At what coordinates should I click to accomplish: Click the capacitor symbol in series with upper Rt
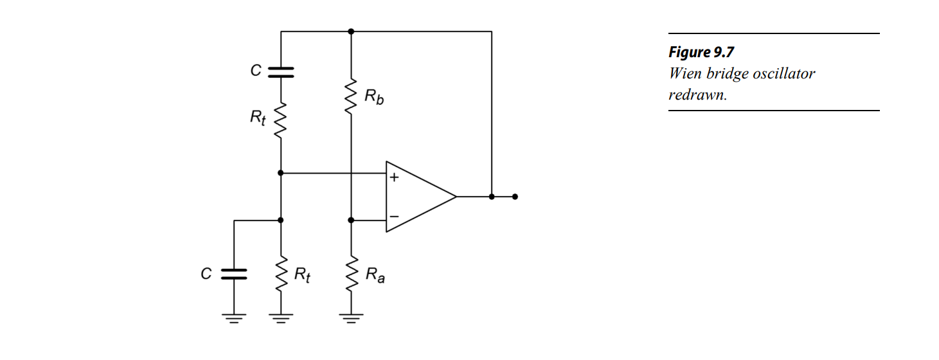click(x=281, y=72)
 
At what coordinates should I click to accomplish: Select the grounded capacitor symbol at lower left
click(x=234, y=274)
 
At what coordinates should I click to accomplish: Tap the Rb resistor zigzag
click(x=351, y=96)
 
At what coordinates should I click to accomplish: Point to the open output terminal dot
click(x=515, y=197)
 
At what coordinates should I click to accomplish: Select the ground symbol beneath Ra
click(x=351, y=317)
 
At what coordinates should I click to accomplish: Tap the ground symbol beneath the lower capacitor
click(x=234, y=318)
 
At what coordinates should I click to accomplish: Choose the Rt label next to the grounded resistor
click(x=303, y=275)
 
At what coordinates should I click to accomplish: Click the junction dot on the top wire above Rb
click(x=351, y=31)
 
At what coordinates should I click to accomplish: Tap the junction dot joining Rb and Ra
click(x=351, y=220)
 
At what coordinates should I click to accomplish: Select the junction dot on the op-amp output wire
click(x=492, y=197)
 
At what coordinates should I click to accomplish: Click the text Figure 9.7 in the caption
click(x=701, y=53)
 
